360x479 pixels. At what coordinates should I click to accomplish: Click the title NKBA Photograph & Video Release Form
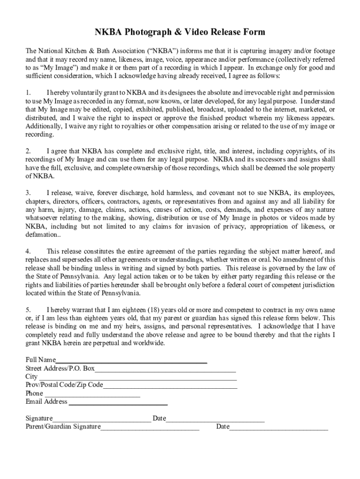tap(180, 32)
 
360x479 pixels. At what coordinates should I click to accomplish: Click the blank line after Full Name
tap(131, 361)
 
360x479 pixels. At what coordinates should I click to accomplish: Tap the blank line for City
tap(137, 377)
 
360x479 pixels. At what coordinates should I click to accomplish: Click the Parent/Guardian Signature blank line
tap(150, 427)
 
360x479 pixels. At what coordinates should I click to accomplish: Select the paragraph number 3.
tap(28, 193)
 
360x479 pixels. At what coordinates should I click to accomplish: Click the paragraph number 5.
tap(28, 310)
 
